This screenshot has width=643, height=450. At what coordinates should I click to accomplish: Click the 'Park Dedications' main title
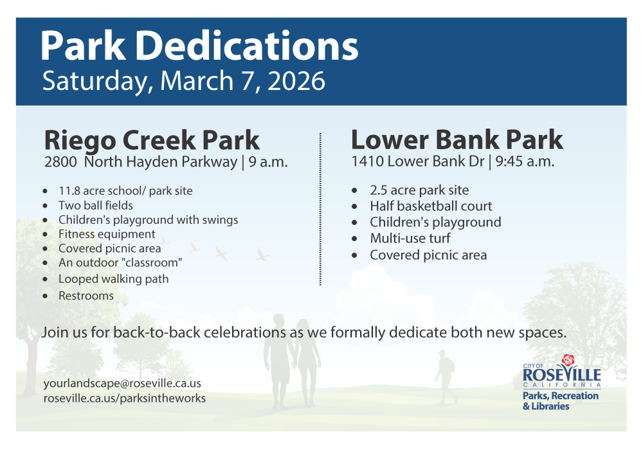pos(199,46)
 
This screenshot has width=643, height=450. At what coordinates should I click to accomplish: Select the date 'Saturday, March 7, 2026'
pos(183,82)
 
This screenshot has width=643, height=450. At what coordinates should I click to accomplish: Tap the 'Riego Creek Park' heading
pos(152,139)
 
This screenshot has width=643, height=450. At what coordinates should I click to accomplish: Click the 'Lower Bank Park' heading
pos(457,139)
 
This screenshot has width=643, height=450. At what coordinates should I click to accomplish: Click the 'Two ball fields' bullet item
pos(96,206)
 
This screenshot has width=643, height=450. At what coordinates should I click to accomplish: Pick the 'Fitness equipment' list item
pos(107,234)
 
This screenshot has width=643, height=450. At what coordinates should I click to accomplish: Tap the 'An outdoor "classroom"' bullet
pos(120,262)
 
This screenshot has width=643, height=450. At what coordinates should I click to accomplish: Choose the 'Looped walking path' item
pos(113,279)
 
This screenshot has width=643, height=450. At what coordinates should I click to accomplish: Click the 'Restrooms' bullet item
pos(86,296)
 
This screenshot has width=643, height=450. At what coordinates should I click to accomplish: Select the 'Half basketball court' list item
pos(431,206)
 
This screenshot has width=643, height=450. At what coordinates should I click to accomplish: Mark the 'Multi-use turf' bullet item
pos(410,239)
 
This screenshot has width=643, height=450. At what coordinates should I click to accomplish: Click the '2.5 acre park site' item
pos(419,190)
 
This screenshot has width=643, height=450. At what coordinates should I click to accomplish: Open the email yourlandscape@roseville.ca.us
pos(122,383)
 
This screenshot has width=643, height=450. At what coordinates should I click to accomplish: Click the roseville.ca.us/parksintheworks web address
pos(125,398)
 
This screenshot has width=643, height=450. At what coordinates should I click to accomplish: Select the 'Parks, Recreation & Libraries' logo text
pos(560,401)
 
